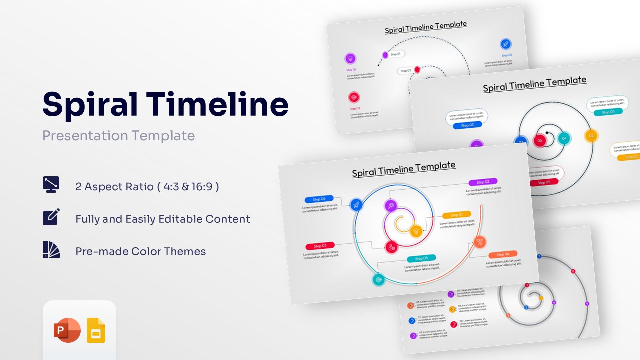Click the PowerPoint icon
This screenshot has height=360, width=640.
pyautogui.click(x=67, y=330)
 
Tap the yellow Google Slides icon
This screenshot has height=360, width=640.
pyautogui.click(x=96, y=330)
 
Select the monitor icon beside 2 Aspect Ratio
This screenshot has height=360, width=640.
pyautogui.click(x=51, y=184)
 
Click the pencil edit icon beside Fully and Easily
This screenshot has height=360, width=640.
pyautogui.click(x=51, y=217)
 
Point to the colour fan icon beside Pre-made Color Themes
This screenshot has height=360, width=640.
pyautogui.click(x=51, y=249)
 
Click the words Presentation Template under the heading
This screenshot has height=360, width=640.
pyautogui.click(x=118, y=135)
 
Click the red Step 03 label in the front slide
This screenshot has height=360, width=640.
pyautogui.click(x=320, y=246)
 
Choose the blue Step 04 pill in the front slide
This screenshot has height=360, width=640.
pyautogui.click(x=319, y=199)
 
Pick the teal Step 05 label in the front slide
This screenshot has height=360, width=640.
pyautogui.click(x=421, y=258)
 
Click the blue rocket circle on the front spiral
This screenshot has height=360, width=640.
pyautogui.click(x=356, y=204)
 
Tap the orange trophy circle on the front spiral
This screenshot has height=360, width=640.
pyautogui.click(x=479, y=242)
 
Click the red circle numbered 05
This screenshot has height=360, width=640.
pyautogui.click(x=540, y=141)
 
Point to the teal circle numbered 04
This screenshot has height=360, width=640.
pyautogui.click(x=564, y=138)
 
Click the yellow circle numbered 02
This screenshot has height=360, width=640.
pyautogui.click(x=591, y=135)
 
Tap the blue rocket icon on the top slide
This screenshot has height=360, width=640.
pyautogui.click(x=506, y=44)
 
